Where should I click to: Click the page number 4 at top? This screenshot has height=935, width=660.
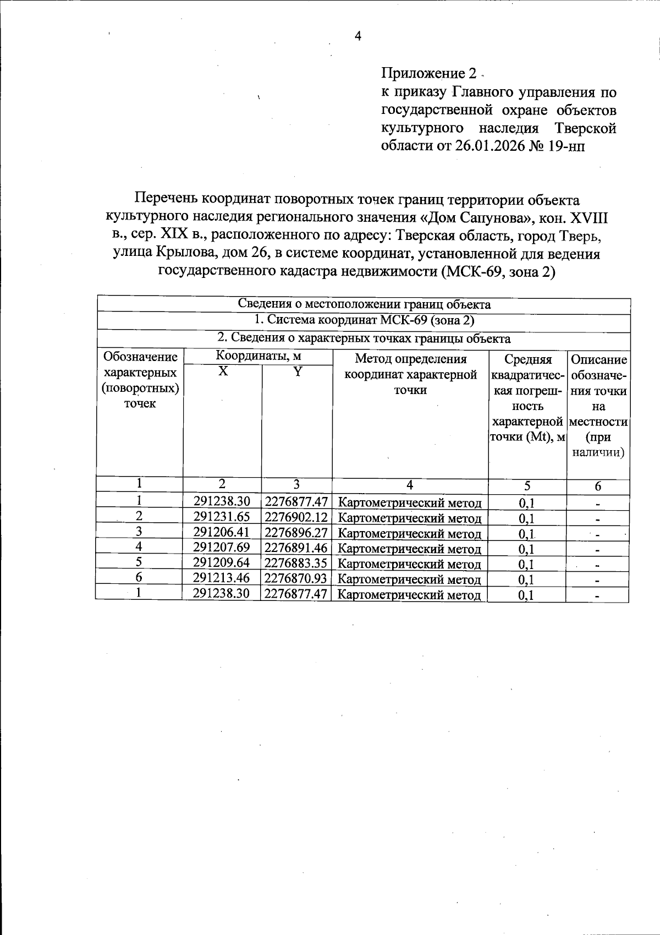358,36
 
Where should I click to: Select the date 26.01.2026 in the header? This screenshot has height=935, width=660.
487,146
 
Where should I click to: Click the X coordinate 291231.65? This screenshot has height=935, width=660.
222,516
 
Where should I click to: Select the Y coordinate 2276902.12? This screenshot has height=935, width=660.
296,517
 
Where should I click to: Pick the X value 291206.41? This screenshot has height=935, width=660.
222,532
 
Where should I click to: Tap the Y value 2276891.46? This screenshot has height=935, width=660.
296,547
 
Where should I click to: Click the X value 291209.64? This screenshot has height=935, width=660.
222,562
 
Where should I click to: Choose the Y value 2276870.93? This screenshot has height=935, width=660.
296,578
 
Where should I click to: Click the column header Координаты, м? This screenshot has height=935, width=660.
258,356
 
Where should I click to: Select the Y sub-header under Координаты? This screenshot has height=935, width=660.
297,372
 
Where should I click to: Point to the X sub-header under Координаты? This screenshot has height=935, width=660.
222,372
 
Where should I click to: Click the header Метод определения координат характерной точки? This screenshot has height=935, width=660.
410,375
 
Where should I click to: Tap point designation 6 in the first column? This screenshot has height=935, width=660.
139,577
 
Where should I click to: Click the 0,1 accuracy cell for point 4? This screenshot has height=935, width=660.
526,548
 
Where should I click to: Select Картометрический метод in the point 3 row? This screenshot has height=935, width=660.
409,533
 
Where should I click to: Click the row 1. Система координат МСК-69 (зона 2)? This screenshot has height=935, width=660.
364,321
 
